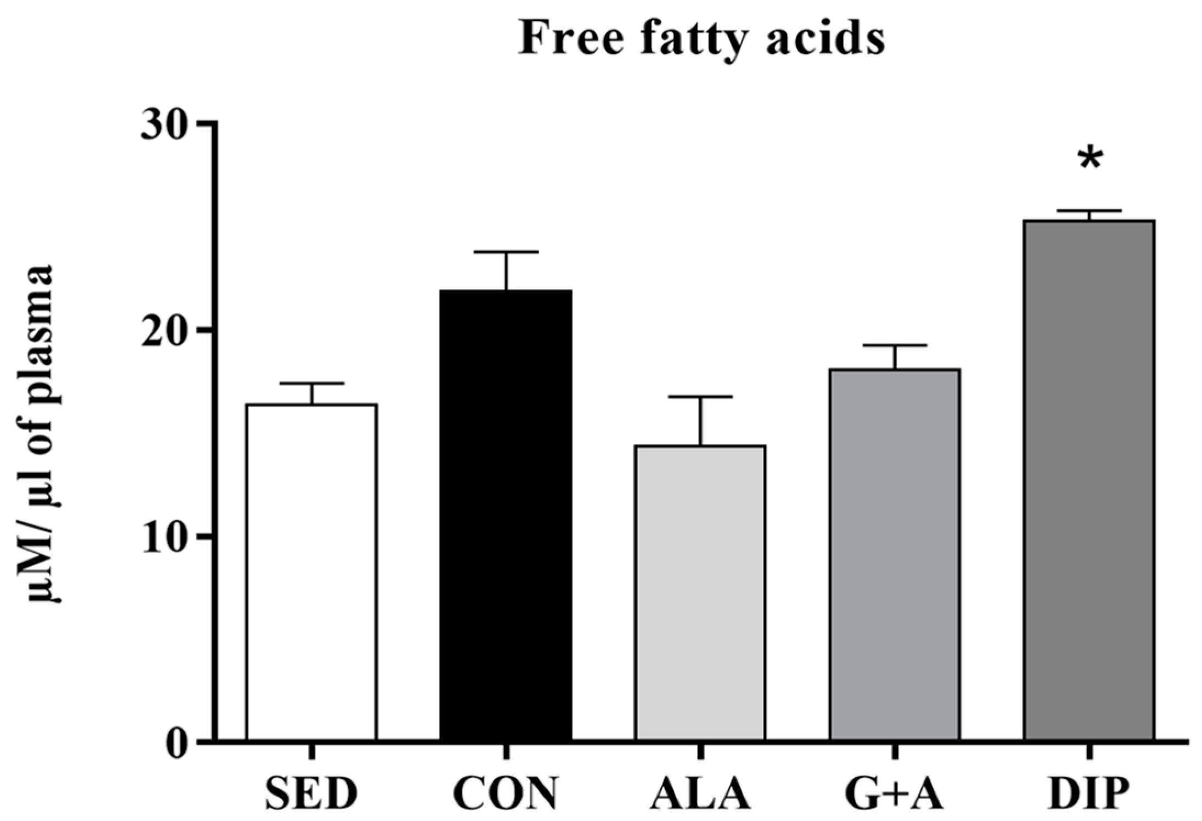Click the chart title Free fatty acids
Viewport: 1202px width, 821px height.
(701, 40)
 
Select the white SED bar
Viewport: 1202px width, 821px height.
(312, 571)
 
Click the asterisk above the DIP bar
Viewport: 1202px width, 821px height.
(1089, 160)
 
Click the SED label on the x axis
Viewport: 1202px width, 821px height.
(311, 794)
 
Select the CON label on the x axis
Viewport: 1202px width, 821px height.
(505, 794)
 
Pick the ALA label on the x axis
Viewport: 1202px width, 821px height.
(700, 794)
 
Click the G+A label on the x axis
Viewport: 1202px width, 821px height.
(895, 794)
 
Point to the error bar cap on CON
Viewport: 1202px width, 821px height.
(506, 252)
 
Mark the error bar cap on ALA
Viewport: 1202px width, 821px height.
(700, 396)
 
